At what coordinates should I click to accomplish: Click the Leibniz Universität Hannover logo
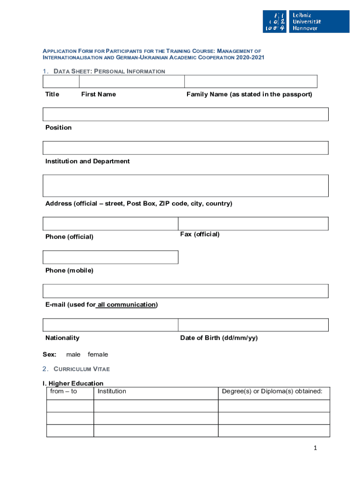(306, 22)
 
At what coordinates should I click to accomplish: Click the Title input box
(61, 81)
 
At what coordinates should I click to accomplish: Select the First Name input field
(132, 81)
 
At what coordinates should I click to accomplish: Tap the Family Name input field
(251, 81)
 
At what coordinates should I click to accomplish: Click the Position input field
(186, 115)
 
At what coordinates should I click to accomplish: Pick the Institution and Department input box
(186, 148)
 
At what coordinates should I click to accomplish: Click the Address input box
(186, 186)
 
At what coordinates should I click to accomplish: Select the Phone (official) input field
(110, 224)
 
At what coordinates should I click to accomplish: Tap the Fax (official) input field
(253, 224)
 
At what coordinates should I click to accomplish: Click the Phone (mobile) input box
(110, 257)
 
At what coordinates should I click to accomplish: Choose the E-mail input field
(186, 291)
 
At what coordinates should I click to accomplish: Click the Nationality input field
(110, 325)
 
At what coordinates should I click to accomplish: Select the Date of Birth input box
(253, 325)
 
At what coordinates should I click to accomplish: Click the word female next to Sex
(98, 355)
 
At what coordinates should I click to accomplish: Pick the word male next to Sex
(73, 355)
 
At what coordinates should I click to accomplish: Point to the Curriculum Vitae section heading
(81, 369)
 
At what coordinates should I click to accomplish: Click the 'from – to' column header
(64, 392)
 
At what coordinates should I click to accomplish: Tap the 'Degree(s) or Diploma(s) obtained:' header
(272, 392)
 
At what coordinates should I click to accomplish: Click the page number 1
(316, 449)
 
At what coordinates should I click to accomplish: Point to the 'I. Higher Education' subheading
(73, 384)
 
